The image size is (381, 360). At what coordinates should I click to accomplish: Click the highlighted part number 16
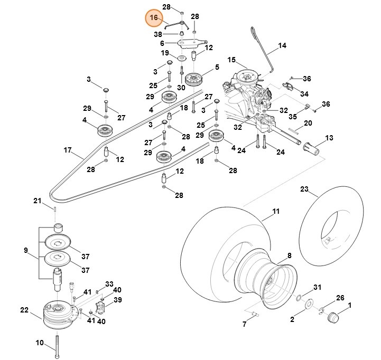click(154, 18)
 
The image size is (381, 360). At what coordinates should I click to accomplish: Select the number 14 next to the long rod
click(282, 46)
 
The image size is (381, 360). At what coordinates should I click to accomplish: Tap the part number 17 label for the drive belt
click(68, 150)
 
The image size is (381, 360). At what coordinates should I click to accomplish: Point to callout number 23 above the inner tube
click(304, 189)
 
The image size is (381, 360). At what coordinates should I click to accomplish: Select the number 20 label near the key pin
click(308, 123)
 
